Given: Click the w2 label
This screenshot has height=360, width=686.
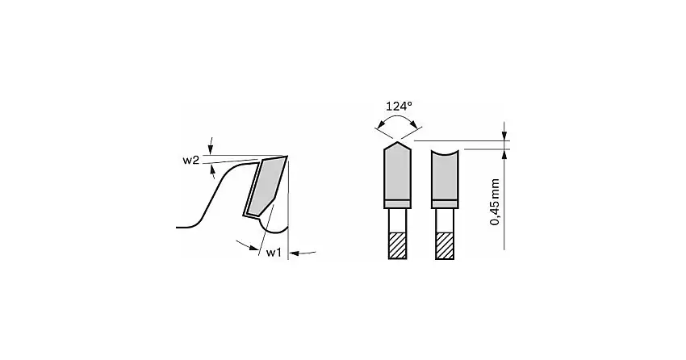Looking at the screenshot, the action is [x=190, y=160].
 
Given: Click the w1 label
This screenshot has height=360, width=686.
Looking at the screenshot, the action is [x=274, y=253].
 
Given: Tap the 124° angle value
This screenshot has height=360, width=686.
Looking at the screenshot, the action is [x=399, y=106].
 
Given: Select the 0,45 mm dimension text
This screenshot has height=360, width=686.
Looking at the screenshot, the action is [x=495, y=202].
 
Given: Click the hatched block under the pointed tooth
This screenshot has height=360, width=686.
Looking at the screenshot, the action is [x=397, y=245].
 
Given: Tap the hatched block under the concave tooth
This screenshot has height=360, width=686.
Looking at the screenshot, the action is [x=445, y=245].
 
